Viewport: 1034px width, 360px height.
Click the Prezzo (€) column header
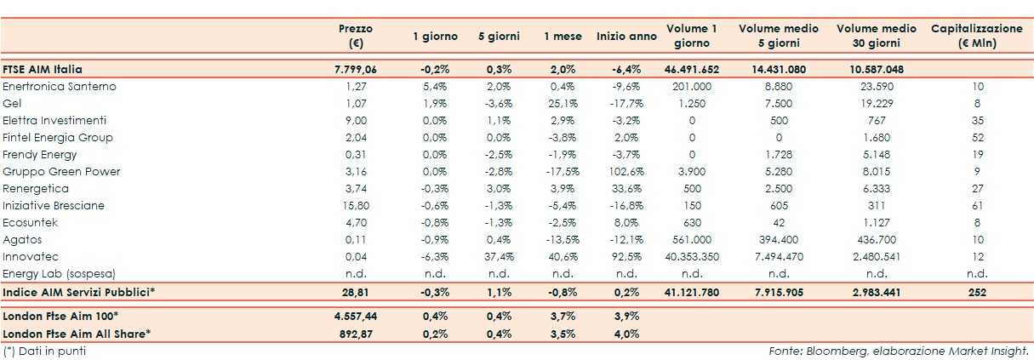(356, 36)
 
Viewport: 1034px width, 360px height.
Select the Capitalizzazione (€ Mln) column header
(977, 36)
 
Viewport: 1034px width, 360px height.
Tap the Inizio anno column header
(626, 37)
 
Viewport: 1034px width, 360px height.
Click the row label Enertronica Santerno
(60, 87)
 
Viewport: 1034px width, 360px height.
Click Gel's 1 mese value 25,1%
(563, 104)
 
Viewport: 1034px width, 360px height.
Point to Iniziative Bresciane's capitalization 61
(977, 206)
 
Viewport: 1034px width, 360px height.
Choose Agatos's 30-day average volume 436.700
(877, 240)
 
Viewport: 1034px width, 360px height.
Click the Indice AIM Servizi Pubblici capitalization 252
(977, 292)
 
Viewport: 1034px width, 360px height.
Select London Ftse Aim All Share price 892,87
(356, 334)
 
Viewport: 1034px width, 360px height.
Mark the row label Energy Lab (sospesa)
(59, 274)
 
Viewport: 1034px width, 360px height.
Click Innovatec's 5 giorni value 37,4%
(498, 257)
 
